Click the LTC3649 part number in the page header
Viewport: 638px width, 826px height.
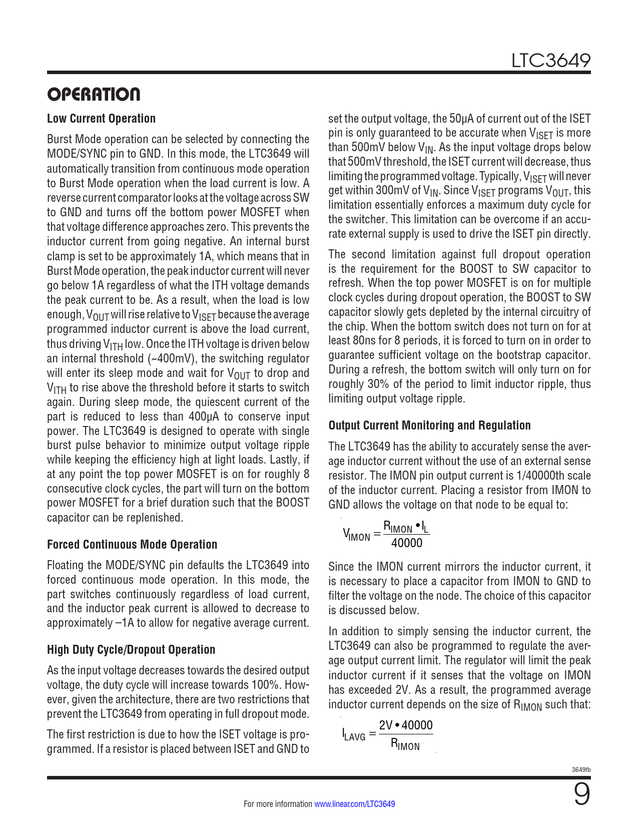click(x=550, y=61)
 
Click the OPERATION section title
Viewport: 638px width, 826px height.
click(x=94, y=94)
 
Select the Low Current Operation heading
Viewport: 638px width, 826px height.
click(x=101, y=119)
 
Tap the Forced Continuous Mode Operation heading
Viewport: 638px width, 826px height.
click(x=132, y=545)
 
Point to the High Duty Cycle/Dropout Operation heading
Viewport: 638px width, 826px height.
click(x=131, y=650)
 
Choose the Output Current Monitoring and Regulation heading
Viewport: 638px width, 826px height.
click(x=429, y=426)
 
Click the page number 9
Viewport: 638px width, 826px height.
click(x=581, y=794)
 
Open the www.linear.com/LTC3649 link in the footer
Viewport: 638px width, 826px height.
click(x=354, y=804)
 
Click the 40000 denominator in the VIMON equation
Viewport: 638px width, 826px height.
click(x=406, y=543)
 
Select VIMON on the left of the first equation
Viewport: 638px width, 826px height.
click(x=356, y=535)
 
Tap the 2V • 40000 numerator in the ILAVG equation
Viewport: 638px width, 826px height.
click(x=406, y=725)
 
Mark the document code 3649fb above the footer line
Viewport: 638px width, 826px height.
click(x=581, y=769)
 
